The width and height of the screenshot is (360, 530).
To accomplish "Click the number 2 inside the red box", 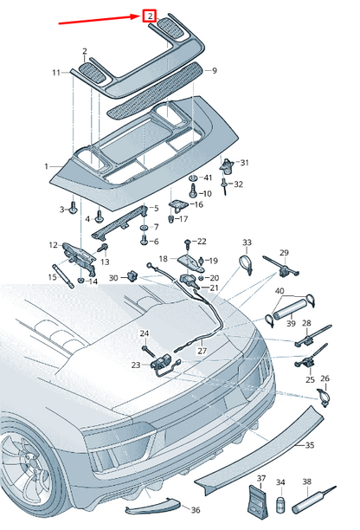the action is (150, 16).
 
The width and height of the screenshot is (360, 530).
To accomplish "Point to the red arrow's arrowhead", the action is (138, 16).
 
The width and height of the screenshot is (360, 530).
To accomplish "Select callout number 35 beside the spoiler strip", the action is (309, 445).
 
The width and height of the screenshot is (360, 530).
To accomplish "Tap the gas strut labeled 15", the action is (63, 276).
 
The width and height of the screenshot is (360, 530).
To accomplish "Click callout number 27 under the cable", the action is (202, 351).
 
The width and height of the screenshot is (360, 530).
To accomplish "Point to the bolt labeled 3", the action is (73, 208).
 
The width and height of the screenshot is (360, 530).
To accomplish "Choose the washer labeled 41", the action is (194, 178).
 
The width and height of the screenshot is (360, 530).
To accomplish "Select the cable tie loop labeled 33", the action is (246, 264).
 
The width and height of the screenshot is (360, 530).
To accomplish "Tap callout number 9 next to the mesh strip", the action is (214, 71).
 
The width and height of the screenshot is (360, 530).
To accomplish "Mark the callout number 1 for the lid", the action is (46, 166).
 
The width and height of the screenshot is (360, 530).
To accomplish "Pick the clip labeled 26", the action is (323, 397).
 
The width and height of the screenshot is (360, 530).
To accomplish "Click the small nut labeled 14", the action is (81, 280).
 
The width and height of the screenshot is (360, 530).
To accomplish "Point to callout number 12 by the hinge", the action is (54, 245).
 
